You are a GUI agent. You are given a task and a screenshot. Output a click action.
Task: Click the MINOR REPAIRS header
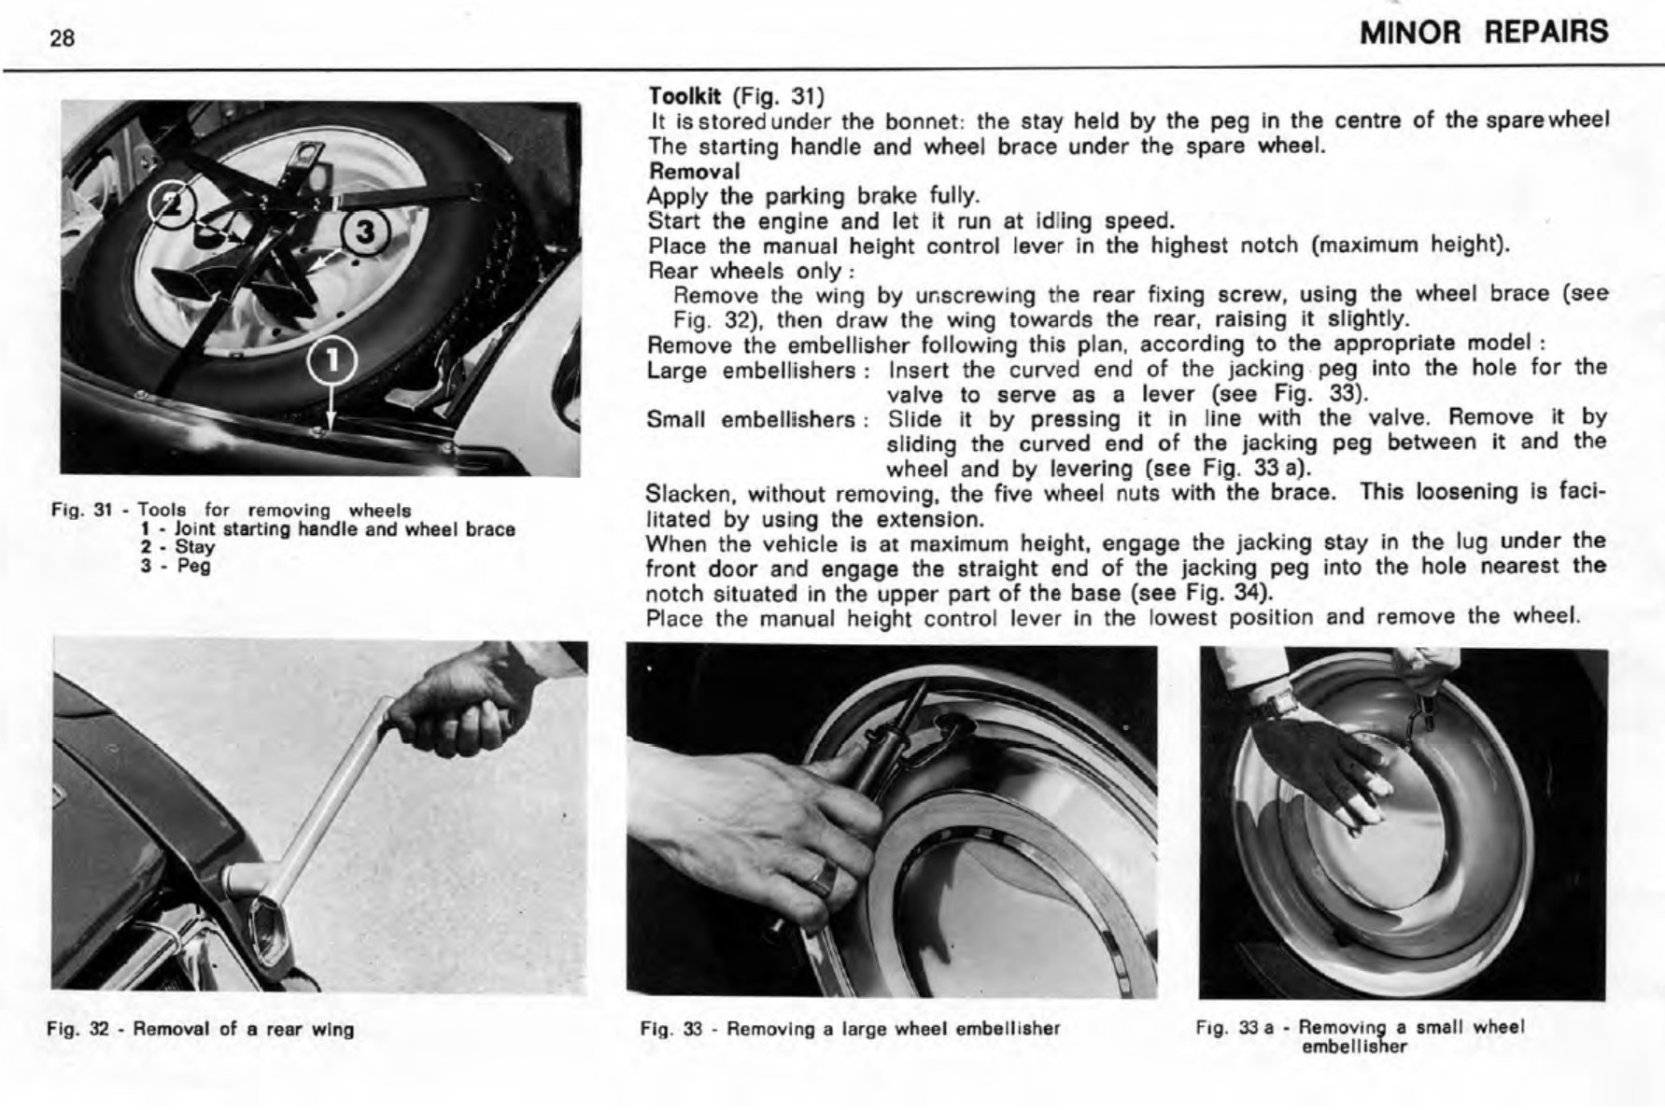tap(1484, 33)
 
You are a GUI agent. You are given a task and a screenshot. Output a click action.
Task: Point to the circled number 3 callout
tap(364, 232)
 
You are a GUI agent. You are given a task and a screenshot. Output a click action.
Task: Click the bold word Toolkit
tap(688, 96)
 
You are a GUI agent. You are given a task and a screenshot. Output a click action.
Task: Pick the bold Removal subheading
tap(694, 172)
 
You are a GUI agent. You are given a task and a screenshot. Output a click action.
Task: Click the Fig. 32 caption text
tap(201, 1030)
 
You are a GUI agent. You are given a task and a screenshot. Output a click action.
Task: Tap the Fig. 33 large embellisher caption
tap(850, 1029)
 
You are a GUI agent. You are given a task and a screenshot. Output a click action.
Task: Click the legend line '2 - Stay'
tap(176, 548)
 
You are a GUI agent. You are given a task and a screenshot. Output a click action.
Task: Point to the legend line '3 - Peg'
tap(175, 567)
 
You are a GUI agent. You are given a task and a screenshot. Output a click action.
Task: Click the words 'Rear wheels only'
tap(746, 272)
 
